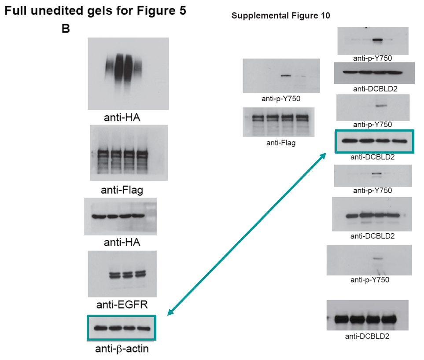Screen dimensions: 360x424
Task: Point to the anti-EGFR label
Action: pos(122,304)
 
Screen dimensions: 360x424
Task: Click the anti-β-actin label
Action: pos(122,349)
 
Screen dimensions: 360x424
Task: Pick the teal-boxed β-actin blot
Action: pos(122,328)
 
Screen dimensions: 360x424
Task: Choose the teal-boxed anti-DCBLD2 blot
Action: pos(374,141)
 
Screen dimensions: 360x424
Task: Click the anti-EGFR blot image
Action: pos(122,274)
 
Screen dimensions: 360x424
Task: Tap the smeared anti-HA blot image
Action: pos(128,73)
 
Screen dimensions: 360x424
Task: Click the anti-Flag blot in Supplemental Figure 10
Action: pos(279,122)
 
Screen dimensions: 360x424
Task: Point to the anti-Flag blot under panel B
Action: pos(129,153)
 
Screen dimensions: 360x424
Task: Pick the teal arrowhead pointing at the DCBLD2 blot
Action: pos(324,155)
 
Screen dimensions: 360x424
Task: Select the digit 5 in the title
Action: pos(182,12)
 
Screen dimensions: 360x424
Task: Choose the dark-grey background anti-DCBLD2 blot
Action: pos(374,73)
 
